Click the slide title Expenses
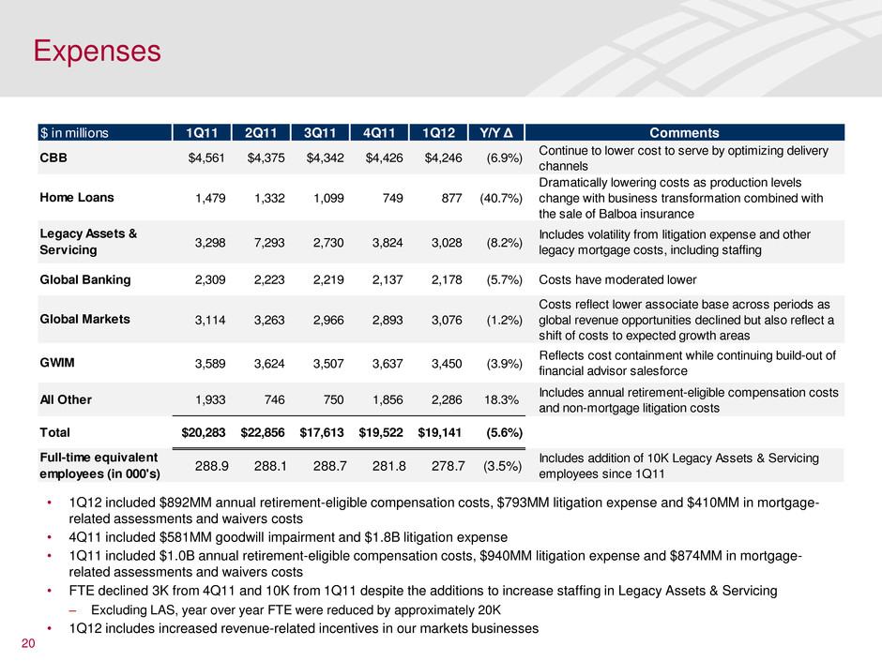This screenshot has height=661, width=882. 93,49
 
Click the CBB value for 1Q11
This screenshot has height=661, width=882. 210,157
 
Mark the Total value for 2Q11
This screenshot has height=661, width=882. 262,434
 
